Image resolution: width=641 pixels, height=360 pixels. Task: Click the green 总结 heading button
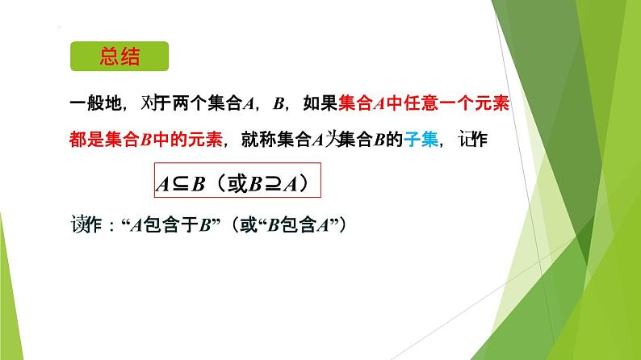(119, 59)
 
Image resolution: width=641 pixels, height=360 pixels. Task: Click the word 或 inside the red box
(235, 183)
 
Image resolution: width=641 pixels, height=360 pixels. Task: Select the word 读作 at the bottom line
(85, 224)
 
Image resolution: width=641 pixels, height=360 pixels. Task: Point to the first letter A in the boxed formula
(161, 184)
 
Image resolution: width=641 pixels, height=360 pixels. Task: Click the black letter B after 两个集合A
(280, 103)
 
